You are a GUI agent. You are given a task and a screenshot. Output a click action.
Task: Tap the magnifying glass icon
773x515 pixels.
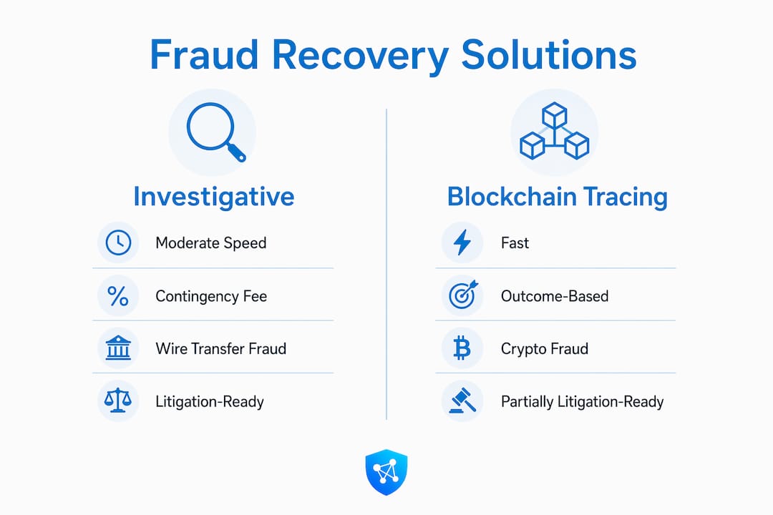pyautogui.click(x=215, y=131)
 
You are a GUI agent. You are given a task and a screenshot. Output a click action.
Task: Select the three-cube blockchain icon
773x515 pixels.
pyautogui.click(x=555, y=131)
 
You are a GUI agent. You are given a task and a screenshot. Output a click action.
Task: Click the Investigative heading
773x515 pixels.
pyautogui.click(x=214, y=197)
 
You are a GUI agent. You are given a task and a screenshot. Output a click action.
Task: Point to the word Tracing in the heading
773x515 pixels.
pyautogui.click(x=626, y=197)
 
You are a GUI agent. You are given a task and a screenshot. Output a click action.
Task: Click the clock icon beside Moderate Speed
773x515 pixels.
pyautogui.click(x=118, y=242)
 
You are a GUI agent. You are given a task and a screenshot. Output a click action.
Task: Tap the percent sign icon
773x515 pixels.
pyautogui.click(x=118, y=296)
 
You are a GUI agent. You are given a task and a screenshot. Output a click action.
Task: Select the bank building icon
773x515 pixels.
pyautogui.click(x=118, y=348)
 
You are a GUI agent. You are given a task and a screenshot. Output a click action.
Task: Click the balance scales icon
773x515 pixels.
pyautogui.click(x=118, y=401)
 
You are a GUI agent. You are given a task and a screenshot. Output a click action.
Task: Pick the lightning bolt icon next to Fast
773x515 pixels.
pyautogui.click(x=462, y=242)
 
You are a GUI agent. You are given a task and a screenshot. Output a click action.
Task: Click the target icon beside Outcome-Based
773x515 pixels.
pyautogui.click(x=463, y=295)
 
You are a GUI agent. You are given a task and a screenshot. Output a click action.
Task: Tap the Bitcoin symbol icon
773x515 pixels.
pyautogui.click(x=462, y=348)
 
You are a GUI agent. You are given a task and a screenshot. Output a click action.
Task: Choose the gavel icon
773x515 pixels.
pyautogui.click(x=463, y=401)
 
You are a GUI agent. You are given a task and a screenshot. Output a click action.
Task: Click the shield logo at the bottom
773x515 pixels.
pyautogui.click(x=386, y=472)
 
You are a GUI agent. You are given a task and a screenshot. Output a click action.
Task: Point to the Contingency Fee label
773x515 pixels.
pyautogui.click(x=211, y=296)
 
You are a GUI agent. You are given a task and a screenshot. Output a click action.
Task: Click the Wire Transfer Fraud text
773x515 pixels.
pyautogui.click(x=221, y=349)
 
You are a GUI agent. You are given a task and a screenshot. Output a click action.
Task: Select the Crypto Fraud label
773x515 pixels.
pyautogui.click(x=544, y=349)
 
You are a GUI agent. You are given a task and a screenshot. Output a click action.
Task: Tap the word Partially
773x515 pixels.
pyautogui.click(x=527, y=402)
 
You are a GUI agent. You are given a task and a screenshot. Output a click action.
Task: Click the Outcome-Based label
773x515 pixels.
pyautogui.click(x=555, y=296)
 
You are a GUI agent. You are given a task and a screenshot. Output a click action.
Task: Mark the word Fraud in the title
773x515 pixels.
pyautogui.click(x=204, y=54)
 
